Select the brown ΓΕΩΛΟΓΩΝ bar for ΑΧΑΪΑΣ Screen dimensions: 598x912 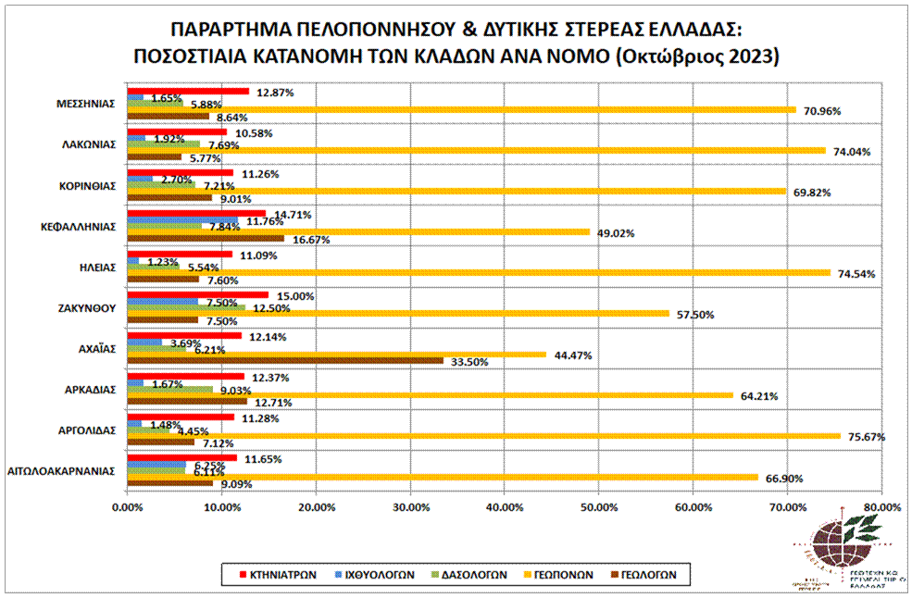pos(285,360)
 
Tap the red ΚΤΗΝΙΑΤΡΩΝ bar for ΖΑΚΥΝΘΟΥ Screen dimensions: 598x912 pos(197,295)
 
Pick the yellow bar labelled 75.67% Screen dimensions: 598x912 pos(483,436)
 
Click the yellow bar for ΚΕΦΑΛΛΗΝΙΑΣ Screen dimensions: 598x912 pos(357,232)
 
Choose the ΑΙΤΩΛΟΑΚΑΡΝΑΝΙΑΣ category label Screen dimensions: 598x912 pos(61,470)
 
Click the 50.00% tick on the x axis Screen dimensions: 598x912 pos(597,507)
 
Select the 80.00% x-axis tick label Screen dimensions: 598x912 pos(881,507)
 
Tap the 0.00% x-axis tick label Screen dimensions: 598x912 pos(127,507)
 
